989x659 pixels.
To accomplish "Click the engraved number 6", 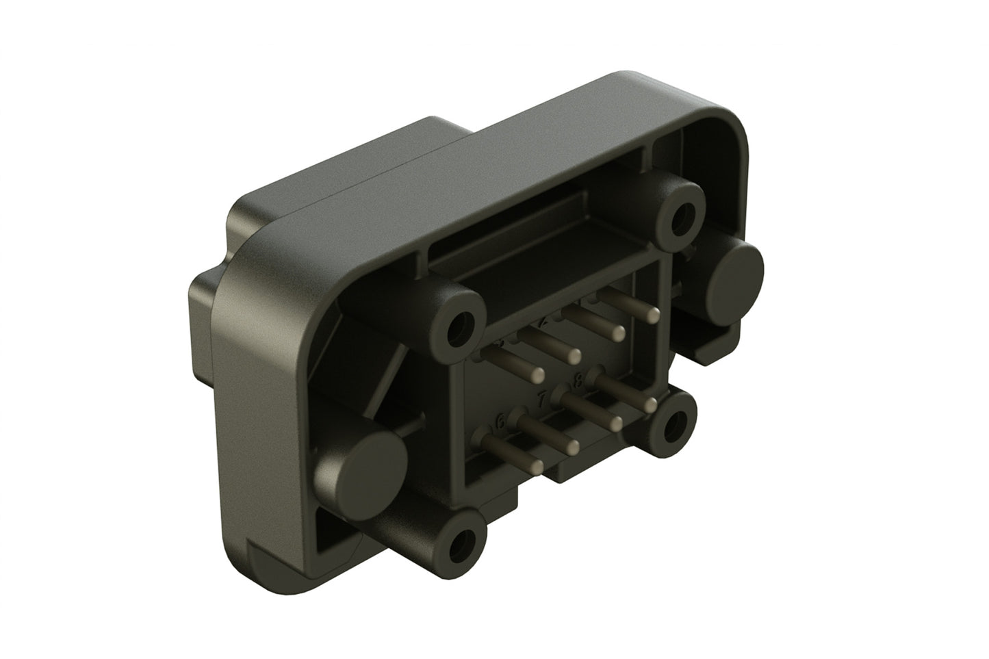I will point(500,423).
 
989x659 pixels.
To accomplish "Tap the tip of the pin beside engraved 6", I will point(574,446).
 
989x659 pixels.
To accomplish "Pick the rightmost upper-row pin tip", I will point(654,314).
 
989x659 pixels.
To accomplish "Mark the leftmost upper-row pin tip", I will point(536,374).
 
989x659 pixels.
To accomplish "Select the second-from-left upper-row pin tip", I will point(574,354).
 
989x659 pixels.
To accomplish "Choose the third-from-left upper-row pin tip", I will point(617,333).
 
